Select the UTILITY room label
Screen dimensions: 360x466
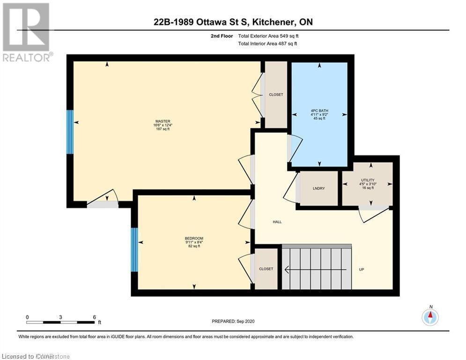point(368,180)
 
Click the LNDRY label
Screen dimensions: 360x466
point(319,188)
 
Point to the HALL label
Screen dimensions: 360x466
point(277,222)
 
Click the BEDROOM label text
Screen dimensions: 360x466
point(194,238)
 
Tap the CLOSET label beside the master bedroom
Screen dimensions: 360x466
point(276,95)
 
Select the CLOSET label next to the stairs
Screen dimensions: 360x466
point(266,269)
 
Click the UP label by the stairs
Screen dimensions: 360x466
point(361,270)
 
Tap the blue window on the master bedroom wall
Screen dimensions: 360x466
point(70,132)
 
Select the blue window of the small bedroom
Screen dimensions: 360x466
point(134,249)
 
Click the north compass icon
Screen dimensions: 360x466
point(430,317)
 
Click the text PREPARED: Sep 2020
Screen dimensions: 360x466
point(233,321)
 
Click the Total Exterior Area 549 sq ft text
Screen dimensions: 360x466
point(267,36)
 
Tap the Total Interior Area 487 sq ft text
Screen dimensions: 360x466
point(267,44)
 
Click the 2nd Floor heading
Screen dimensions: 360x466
point(222,36)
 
